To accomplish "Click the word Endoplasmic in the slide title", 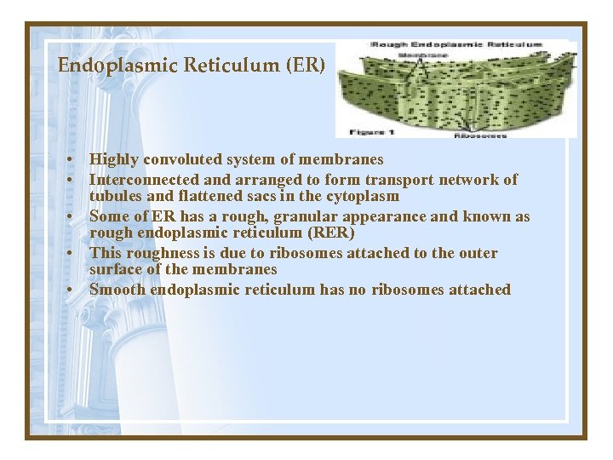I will tap(99, 66).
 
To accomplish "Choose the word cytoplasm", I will tap(364, 196).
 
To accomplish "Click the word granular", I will tap(312, 216).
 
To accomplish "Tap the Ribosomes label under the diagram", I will tap(480, 135).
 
